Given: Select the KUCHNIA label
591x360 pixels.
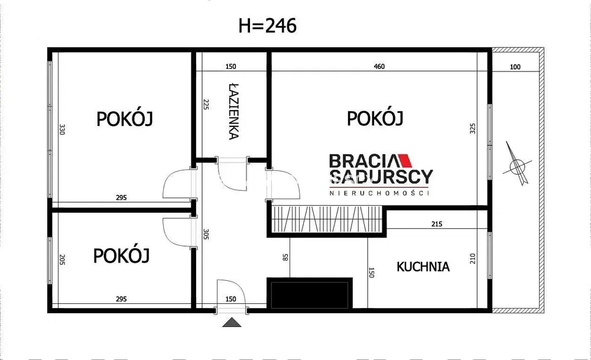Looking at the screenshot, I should point(423,267).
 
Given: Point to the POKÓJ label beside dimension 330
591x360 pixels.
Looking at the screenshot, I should point(125,119).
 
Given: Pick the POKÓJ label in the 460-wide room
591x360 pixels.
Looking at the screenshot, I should point(375,118).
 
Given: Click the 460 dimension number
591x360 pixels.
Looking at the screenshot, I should point(379,67).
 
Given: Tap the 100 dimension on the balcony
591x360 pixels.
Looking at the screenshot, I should point(515,67).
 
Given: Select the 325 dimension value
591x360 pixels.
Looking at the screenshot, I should point(472,129).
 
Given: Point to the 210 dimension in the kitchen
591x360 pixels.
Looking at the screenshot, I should point(472,258).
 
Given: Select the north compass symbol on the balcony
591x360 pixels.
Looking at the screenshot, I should point(515,162).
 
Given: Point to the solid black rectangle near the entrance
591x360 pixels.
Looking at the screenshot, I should point(310,293).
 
